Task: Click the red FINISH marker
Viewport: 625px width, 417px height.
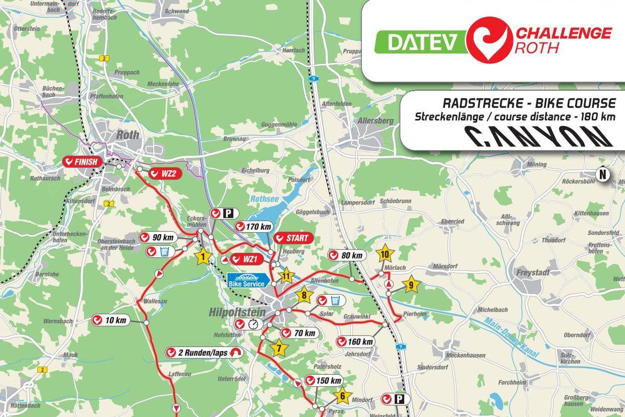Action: pos(83,162)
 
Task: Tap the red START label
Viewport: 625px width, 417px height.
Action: pos(293,238)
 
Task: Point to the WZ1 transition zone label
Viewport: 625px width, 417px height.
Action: pos(245,260)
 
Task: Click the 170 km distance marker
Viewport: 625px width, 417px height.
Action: pos(255,227)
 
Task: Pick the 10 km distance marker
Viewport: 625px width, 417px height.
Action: pos(110,320)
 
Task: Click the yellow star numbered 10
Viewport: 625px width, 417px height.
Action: pos(385,254)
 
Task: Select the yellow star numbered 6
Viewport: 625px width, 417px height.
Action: pos(342,395)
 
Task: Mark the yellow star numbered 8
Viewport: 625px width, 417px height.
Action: pos(304,295)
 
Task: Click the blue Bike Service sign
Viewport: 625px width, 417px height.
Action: pos(246,281)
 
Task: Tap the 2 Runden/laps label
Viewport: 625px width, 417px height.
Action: pos(204,353)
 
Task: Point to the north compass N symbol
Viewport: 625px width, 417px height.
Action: pos(602,174)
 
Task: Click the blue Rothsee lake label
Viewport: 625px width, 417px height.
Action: pos(264,199)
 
